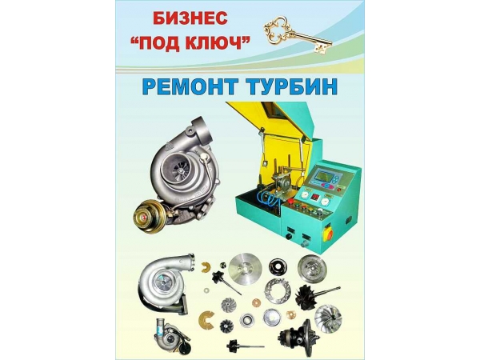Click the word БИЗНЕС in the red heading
coord(190,18)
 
